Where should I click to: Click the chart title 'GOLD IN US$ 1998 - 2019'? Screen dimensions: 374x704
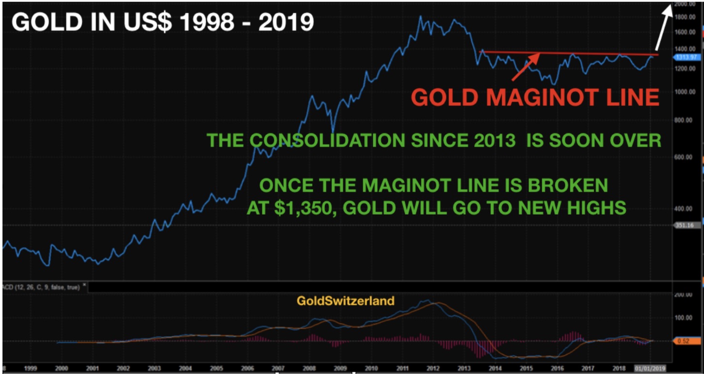coord(162,23)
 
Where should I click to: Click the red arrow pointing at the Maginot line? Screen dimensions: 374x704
coord(527,66)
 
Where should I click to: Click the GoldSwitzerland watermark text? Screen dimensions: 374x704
coord(345,301)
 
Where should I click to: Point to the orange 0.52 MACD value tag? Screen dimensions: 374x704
coord(684,341)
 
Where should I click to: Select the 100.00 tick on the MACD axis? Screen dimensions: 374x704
coord(684,317)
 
